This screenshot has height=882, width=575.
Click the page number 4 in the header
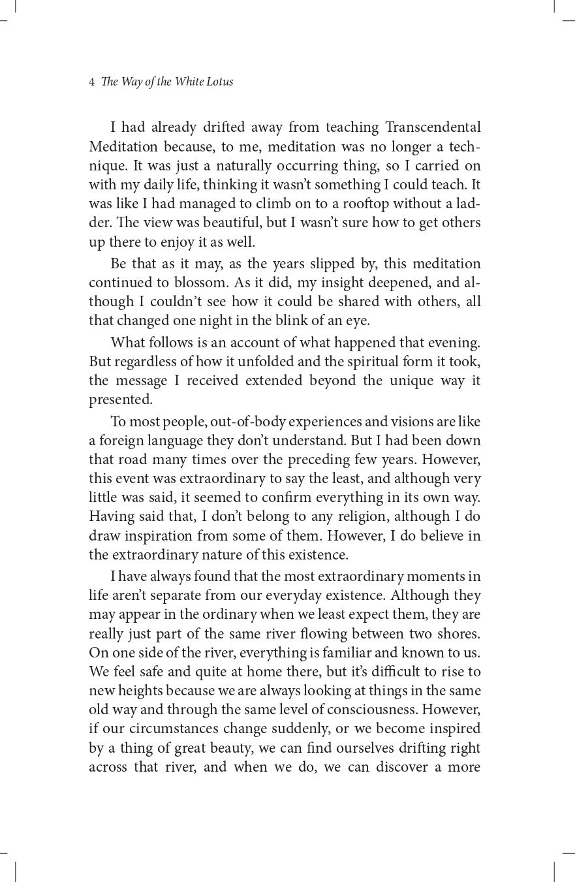pyautogui.click(x=92, y=82)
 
